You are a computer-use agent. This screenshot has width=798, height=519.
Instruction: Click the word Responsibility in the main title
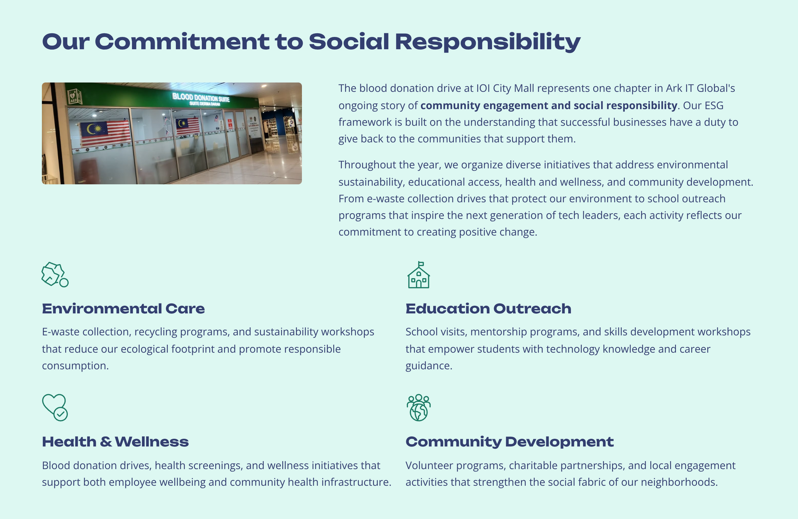(x=488, y=42)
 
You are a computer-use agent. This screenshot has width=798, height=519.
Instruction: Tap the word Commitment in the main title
(x=182, y=42)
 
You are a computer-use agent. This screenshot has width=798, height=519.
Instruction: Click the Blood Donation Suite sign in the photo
(x=201, y=99)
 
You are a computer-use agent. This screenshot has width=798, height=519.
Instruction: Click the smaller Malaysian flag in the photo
(x=188, y=126)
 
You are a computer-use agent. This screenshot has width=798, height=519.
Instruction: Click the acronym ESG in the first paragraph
(x=714, y=105)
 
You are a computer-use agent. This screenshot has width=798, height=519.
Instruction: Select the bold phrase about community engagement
(x=549, y=106)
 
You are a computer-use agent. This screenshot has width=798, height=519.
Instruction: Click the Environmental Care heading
(x=123, y=309)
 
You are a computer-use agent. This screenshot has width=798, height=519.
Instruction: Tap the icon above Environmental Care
(x=55, y=274)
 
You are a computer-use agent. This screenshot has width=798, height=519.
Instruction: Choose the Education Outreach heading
(x=488, y=309)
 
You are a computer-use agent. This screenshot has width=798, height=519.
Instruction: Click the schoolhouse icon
(x=419, y=275)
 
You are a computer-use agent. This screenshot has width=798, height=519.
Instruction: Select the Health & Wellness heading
(x=115, y=442)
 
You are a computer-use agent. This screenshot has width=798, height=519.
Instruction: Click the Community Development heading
(x=510, y=442)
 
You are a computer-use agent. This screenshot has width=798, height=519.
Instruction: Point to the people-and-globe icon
(x=419, y=408)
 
